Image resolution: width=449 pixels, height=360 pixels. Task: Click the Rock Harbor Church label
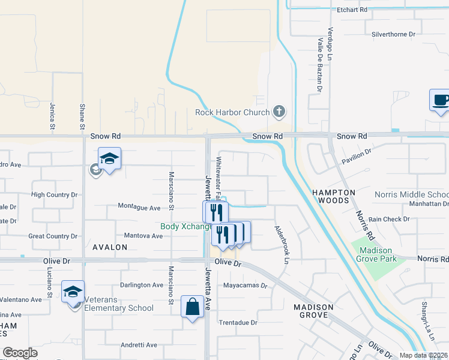point(232,112)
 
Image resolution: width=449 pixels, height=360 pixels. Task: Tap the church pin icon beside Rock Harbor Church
point(279,112)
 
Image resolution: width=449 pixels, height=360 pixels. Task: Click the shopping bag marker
point(192,307)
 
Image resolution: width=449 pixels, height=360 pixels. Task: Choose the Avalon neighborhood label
point(110,247)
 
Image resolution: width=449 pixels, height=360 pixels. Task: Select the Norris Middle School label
point(411,194)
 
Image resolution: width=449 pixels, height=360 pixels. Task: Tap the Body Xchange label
point(185,226)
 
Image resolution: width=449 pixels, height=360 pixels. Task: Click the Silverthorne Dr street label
point(394,34)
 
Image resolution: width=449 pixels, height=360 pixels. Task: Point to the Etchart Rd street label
point(352,10)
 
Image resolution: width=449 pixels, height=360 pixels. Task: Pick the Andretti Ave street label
point(139,345)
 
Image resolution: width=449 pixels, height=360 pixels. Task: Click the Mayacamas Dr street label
point(245,286)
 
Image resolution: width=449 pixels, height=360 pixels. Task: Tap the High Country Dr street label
point(55,194)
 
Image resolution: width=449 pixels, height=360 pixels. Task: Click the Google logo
point(20,353)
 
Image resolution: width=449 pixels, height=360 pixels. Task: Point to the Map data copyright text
point(422,355)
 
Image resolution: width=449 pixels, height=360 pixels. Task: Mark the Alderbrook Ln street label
point(282,245)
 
